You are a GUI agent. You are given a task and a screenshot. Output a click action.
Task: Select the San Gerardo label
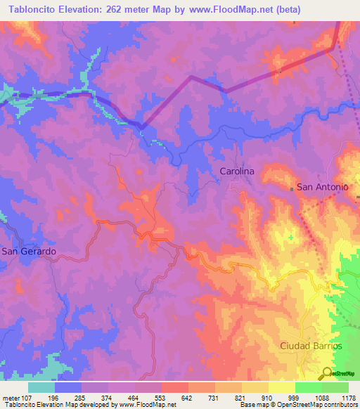28,251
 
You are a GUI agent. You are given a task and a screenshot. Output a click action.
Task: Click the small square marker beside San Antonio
292,188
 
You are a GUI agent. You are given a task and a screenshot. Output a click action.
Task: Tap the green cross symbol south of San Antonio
291,238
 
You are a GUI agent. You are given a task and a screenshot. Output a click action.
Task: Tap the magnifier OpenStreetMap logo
327,373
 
